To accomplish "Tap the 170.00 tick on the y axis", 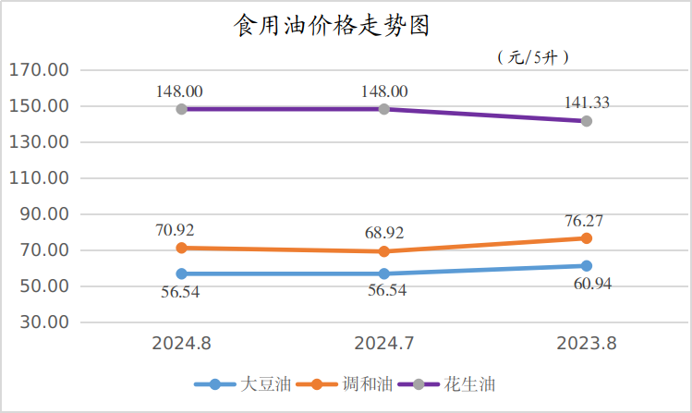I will (x=39, y=70).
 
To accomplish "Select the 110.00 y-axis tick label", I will (x=39, y=178).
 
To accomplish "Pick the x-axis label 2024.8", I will (x=182, y=343).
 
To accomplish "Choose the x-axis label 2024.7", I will (x=384, y=343).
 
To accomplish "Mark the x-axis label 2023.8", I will (x=586, y=343).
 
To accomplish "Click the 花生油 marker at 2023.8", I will (x=586, y=121).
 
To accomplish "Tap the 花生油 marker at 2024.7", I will (x=384, y=109).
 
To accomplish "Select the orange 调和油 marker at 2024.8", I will (x=182, y=248).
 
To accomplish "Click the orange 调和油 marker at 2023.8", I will (x=586, y=238).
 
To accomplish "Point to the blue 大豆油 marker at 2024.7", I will (x=384, y=273).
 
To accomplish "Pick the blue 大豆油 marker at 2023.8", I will (x=586, y=266).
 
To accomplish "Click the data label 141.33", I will (x=586, y=103).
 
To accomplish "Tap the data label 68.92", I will (x=382, y=233).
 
